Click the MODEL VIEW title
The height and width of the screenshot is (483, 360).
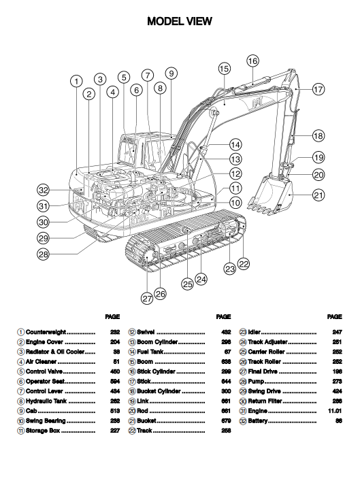click(180, 21)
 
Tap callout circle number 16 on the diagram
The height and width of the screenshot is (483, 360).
click(252, 61)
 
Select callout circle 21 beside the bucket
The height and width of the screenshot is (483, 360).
click(318, 195)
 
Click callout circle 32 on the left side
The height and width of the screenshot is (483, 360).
click(43, 190)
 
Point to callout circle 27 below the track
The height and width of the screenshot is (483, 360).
click(147, 298)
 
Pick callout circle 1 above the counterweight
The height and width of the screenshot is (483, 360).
click(76, 82)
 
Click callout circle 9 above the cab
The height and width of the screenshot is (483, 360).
click(171, 73)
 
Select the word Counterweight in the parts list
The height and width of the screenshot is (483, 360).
click(46, 332)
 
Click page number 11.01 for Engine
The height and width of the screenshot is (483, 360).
click(335, 411)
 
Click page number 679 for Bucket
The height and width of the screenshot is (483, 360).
click(226, 421)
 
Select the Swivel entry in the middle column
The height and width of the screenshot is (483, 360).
click(146, 332)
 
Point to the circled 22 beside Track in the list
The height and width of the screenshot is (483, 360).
click(132, 431)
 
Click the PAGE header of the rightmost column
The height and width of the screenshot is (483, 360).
click(335, 316)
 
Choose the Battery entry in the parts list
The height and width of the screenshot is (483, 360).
click(258, 421)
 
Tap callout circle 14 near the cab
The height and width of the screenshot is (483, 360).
click(235, 144)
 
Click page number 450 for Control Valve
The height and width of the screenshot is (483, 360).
click(115, 371)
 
